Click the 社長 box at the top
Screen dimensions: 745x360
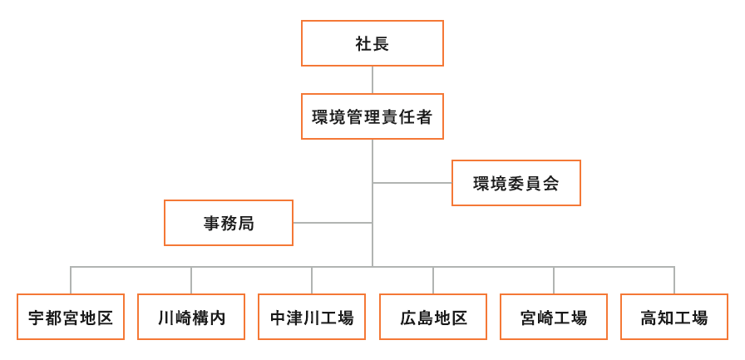pos(372,43)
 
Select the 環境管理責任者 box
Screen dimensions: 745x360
pos(372,116)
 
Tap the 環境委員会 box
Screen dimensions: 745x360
pos(516,183)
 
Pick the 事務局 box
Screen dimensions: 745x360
pos(229,223)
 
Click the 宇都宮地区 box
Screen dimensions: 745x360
pos(71,317)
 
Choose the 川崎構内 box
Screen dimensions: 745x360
pos(191,317)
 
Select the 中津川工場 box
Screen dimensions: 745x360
pos(312,317)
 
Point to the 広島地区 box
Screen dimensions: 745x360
pos(433,317)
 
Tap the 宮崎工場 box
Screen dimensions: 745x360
pos(554,317)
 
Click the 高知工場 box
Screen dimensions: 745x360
pos(674,317)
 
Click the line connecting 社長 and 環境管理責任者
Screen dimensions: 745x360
pos(372,80)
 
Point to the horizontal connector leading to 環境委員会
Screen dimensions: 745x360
pos(412,183)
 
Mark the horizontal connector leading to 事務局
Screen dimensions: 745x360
pos(332,223)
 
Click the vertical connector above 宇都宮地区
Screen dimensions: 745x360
pos(71,280)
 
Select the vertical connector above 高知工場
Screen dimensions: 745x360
pos(674,280)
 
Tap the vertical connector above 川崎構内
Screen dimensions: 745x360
pos(191,280)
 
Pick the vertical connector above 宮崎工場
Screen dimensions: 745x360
pos(554,280)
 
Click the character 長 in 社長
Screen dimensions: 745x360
pos(381,44)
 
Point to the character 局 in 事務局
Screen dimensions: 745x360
pos(245,223)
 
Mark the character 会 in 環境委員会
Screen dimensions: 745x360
pos(550,183)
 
